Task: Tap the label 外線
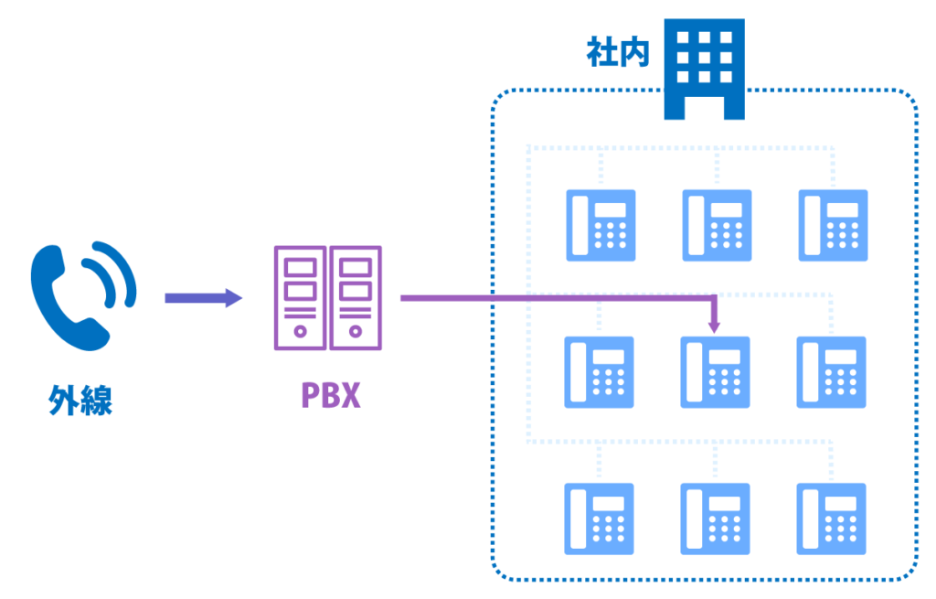pyautogui.click(x=81, y=400)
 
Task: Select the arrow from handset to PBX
pyautogui.click(x=203, y=297)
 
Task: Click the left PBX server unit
pyautogui.click(x=300, y=297)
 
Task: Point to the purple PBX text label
pyautogui.click(x=330, y=395)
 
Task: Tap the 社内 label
pyautogui.click(x=617, y=52)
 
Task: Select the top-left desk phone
pyautogui.click(x=601, y=225)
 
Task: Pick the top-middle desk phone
pyautogui.click(x=717, y=225)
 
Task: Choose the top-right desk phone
pyautogui.click(x=833, y=225)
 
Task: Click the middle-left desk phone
pyautogui.click(x=600, y=371)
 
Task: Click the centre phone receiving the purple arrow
pyautogui.click(x=716, y=371)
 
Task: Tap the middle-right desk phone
pyautogui.click(x=831, y=371)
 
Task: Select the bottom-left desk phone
pyautogui.click(x=600, y=519)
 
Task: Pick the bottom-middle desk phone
pyautogui.click(x=716, y=519)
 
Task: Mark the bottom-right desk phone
pyautogui.click(x=831, y=519)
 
